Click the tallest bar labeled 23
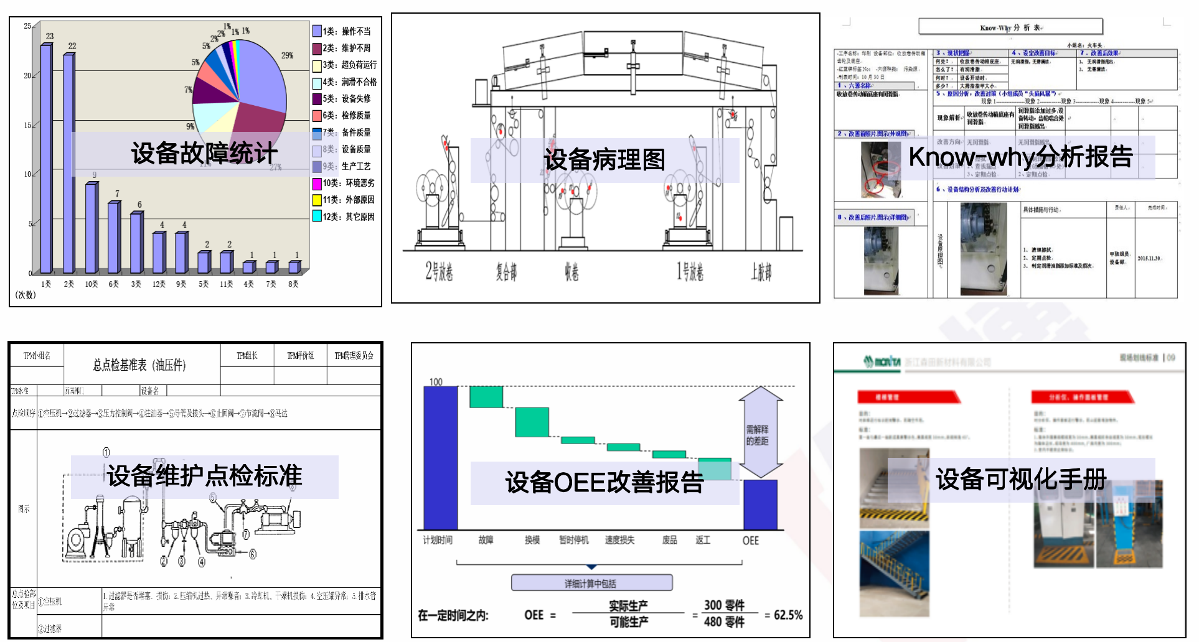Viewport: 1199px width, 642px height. pyautogui.click(x=46, y=159)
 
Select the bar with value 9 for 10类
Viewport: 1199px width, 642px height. pyautogui.click(x=92, y=228)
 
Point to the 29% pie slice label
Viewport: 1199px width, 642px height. pyautogui.click(x=287, y=55)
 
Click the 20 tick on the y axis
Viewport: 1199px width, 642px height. pyautogui.click(x=27, y=75)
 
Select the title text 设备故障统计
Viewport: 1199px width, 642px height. pyautogui.click(x=204, y=154)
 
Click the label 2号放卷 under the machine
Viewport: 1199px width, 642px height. pyautogui.click(x=439, y=272)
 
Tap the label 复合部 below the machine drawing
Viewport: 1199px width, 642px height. pyautogui.click(x=506, y=272)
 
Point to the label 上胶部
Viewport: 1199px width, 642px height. pyautogui.click(x=761, y=272)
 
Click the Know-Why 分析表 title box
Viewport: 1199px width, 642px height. pyautogui.click(x=1010, y=27)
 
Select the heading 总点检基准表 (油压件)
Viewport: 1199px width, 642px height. pyautogui.click(x=139, y=365)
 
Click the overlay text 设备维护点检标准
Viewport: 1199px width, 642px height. pyautogui.click(x=204, y=476)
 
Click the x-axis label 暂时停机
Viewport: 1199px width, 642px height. pyautogui.click(x=573, y=540)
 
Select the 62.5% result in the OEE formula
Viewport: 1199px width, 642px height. pyautogui.click(x=788, y=615)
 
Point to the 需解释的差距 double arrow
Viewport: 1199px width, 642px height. pyautogui.click(x=760, y=432)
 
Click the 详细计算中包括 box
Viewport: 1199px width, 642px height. pyautogui.click(x=591, y=583)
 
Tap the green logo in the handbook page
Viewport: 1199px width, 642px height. pyautogui.click(x=882, y=361)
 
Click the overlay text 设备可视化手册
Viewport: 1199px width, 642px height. pyautogui.click(x=1021, y=479)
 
